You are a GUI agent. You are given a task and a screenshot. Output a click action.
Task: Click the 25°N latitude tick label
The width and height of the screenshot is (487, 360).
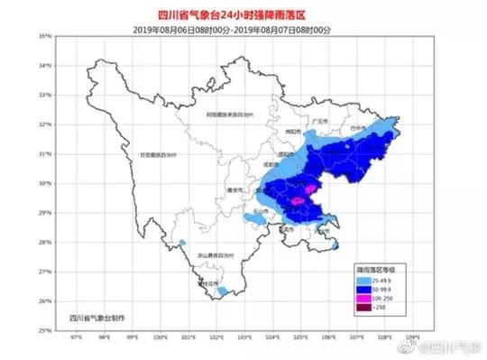tap(44, 330)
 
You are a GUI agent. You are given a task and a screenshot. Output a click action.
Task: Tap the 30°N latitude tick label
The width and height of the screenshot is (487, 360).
tap(44, 183)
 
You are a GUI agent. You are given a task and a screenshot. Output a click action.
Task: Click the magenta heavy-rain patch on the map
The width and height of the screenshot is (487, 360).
tap(300, 200)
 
